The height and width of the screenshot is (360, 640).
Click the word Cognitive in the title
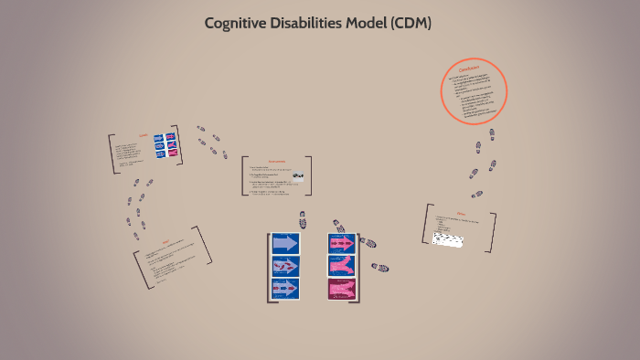click(237, 24)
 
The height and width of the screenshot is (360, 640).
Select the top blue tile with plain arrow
click(285, 243)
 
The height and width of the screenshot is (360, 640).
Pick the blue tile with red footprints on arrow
click(285, 266)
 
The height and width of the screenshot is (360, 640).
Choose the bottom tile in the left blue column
click(285, 289)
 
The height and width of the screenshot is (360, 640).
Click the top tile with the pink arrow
click(342, 243)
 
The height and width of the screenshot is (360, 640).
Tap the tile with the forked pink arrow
click(342, 266)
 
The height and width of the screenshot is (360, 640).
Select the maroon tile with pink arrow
click(342, 289)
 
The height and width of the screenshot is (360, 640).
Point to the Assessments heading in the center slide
click(278, 159)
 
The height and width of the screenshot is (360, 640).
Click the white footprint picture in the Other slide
click(447, 238)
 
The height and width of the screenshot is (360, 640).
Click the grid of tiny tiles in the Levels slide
click(165, 146)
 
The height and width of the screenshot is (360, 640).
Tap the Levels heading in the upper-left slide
click(143, 135)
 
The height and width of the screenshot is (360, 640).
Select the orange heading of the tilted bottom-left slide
click(165, 240)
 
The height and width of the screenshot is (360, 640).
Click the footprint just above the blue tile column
click(302, 219)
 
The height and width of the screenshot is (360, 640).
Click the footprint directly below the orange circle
click(491, 134)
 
